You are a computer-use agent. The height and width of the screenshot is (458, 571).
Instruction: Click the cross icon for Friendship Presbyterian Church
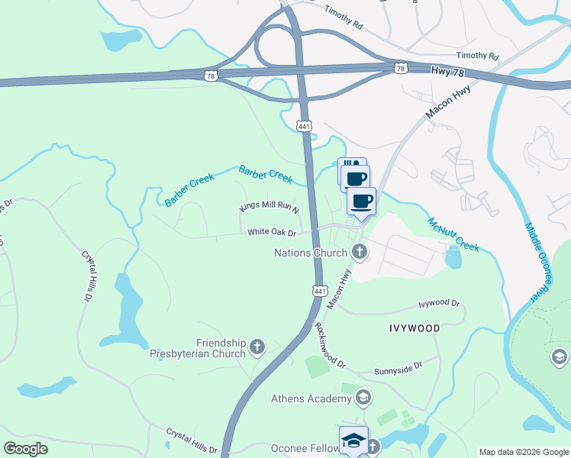[257, 348]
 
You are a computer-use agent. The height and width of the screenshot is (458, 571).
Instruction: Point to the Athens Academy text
[309, 398]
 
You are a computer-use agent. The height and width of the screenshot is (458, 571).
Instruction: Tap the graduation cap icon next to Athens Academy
[363, 398]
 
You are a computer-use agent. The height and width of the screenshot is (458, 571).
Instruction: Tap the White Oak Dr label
[271, 231]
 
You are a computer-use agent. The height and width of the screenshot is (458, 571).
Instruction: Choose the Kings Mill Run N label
[269, 208]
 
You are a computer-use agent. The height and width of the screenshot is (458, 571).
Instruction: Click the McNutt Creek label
[453, 233]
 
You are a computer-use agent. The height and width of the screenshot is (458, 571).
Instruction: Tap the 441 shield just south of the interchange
[304, 126]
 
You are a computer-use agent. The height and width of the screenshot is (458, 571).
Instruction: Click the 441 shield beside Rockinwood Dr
[320, 290]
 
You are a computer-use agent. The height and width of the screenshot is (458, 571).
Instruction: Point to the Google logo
[26, 449]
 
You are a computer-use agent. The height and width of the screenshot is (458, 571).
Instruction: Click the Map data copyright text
[524, 451]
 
